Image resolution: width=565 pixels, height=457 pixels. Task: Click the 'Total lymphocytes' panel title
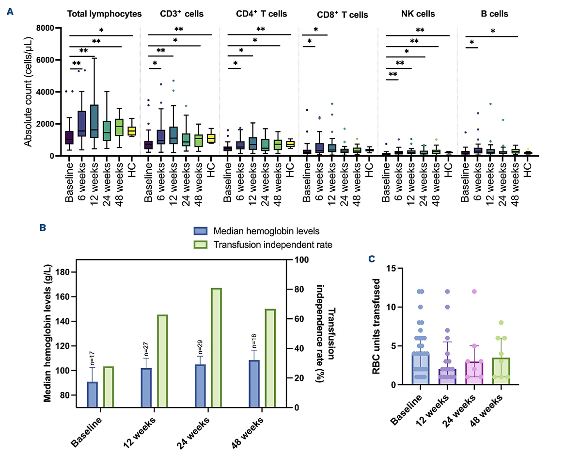click(105, 14)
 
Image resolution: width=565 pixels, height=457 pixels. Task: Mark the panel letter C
click(372, 260)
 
